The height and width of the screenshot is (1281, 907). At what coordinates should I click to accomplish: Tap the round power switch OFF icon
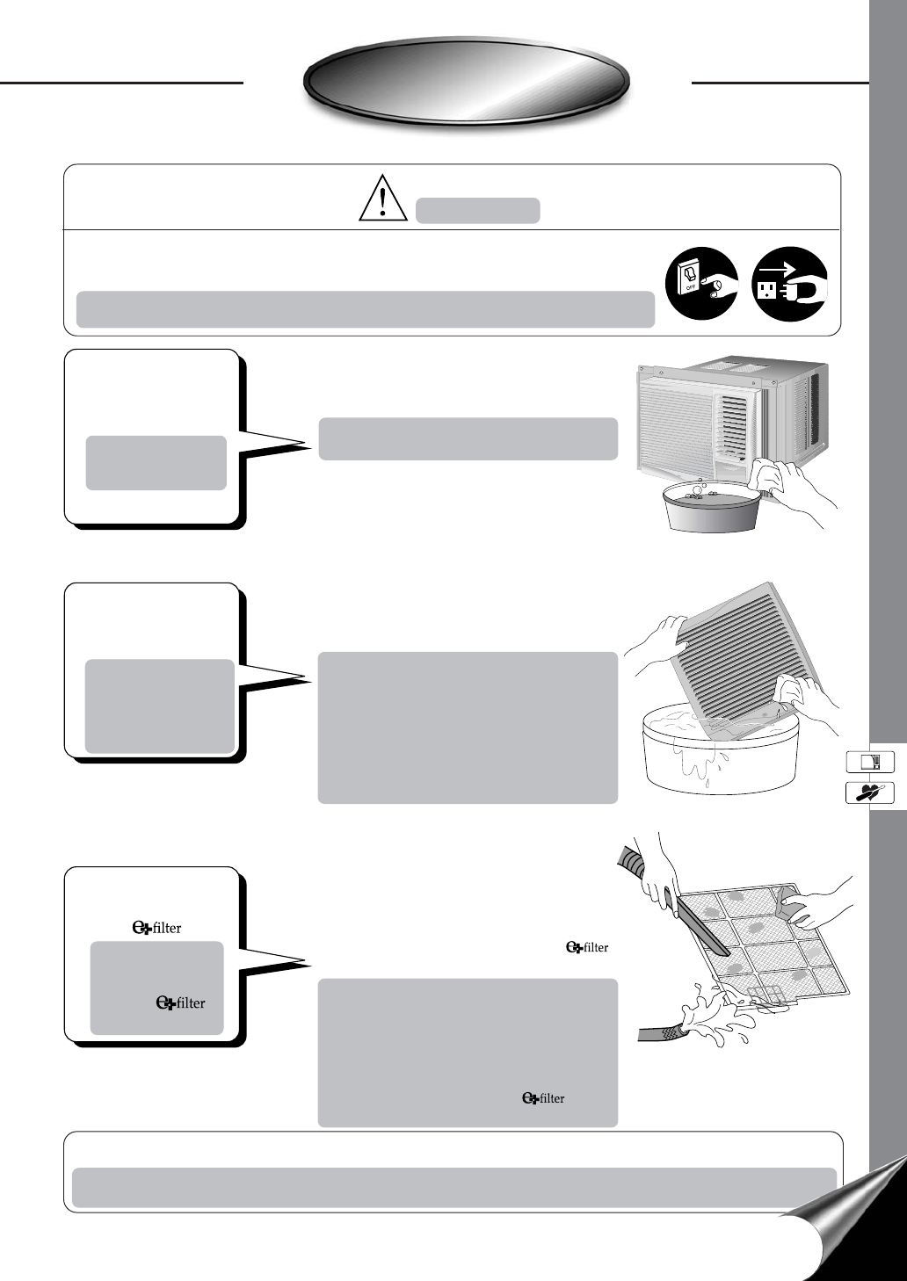(700, 283)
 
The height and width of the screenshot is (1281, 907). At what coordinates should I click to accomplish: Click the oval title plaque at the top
(467, 81)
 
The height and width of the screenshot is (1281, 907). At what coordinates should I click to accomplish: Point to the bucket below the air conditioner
(711, 505)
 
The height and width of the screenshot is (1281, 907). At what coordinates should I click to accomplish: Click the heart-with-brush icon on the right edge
(869, 792)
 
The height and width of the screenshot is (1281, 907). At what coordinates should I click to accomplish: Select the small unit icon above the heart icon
(869, 762)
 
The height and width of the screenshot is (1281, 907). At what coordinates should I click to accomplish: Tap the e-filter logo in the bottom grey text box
(543, 1098)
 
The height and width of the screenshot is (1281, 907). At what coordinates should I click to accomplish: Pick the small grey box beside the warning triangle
(477, 211)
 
